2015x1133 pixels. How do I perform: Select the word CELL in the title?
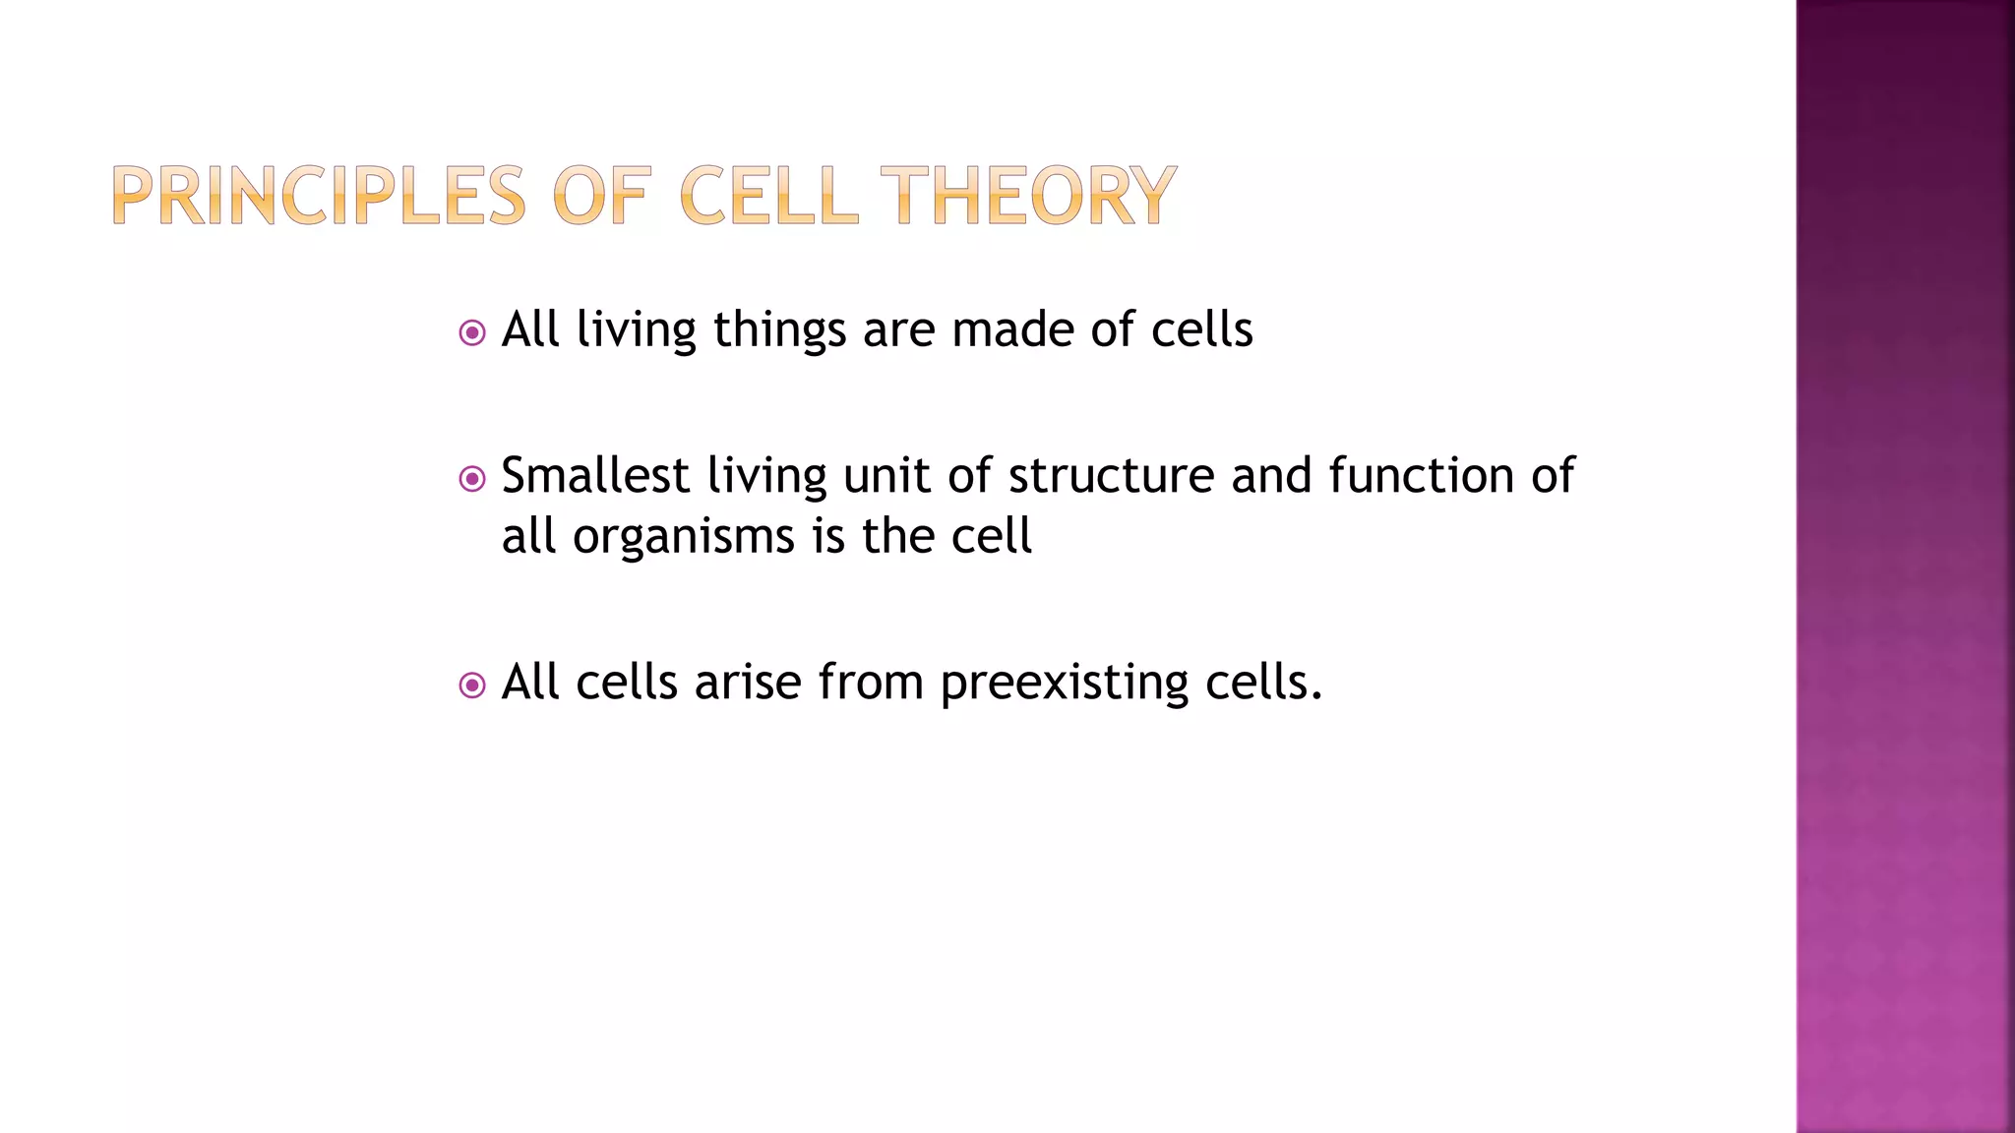[x=768, y=196]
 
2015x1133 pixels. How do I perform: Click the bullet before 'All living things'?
[x=472, y=332]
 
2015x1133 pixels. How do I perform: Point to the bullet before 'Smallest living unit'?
[x=472, y=479]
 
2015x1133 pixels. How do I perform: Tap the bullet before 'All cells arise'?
[x=472, y=685]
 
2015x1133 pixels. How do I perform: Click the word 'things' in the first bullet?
[x=779, y=330]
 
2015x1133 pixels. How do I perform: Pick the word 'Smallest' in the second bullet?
[x=595, y=476]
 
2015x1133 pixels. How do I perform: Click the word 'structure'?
[x=1112, y=476]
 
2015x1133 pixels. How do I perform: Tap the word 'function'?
[x=1421, y=476]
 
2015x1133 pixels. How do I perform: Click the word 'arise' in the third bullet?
[x=748, y=683]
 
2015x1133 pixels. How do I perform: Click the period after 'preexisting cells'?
[x=1316, y=696]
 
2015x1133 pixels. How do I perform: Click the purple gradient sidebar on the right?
[x=1905, y=566]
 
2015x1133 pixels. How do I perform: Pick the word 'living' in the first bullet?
[x=636, y=330]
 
